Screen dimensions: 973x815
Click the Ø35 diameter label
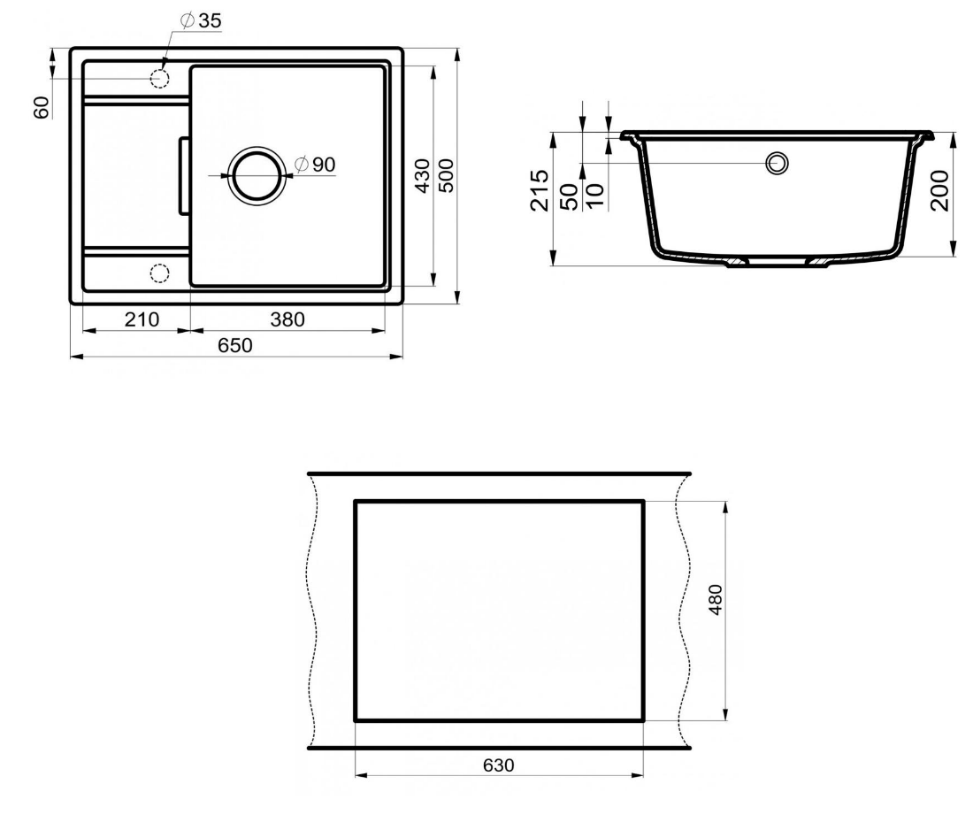point(201,20)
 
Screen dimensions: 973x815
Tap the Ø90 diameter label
point(315,165)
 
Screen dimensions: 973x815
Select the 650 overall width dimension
point(235,344)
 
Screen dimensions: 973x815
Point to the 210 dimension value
point(142,319)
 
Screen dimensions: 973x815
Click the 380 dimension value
point(287,319)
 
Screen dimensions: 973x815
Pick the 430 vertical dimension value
point(422,176)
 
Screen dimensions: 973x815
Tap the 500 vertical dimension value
point(447,176)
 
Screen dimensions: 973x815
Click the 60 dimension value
point(42,107)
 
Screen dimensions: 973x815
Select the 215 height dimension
point(539,190)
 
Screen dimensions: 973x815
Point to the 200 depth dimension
point(940,190)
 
